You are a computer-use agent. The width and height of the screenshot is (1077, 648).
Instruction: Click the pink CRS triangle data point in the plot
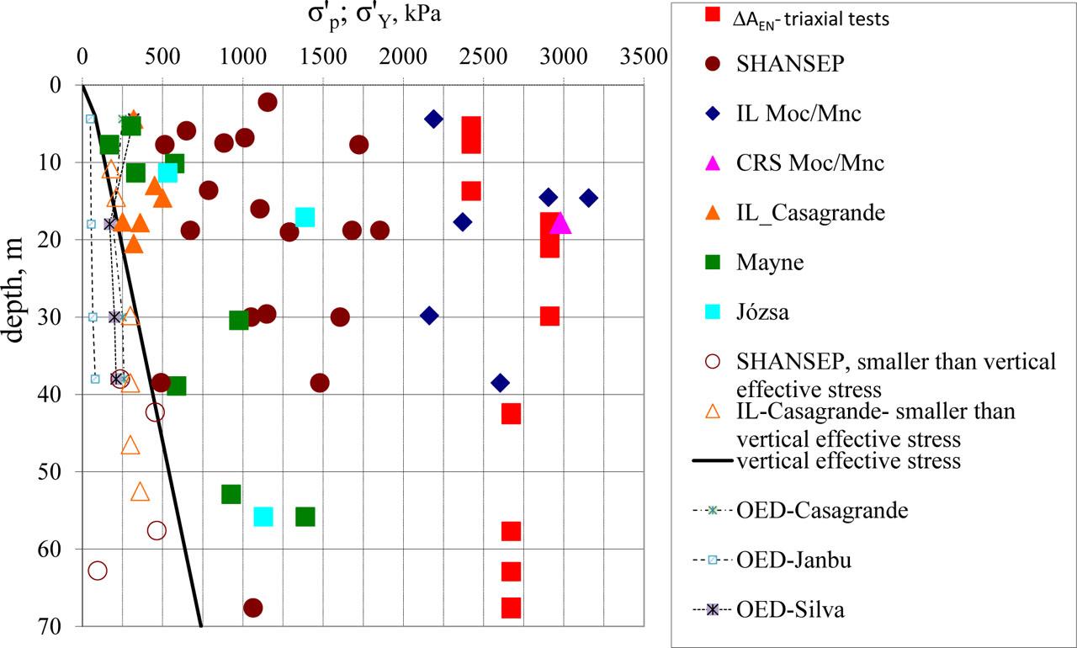point(560,224)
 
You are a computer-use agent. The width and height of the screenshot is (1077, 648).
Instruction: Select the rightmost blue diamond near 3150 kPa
point(588,198)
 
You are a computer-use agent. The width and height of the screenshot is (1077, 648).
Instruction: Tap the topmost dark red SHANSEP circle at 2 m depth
point(268,103)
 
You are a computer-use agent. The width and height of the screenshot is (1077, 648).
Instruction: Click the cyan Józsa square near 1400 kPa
point(305,217)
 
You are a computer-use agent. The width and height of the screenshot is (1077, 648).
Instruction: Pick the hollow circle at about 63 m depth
point(98,571)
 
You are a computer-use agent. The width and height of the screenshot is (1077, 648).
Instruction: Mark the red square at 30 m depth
point(549,316)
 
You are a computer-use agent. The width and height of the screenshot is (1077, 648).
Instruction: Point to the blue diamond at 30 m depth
point(429,316)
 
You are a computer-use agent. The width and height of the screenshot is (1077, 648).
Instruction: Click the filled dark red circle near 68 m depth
point(252,608)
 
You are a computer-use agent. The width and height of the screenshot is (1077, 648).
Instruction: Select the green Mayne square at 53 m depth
point(231,494)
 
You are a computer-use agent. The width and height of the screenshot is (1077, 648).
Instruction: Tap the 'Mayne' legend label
point(770,263)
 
